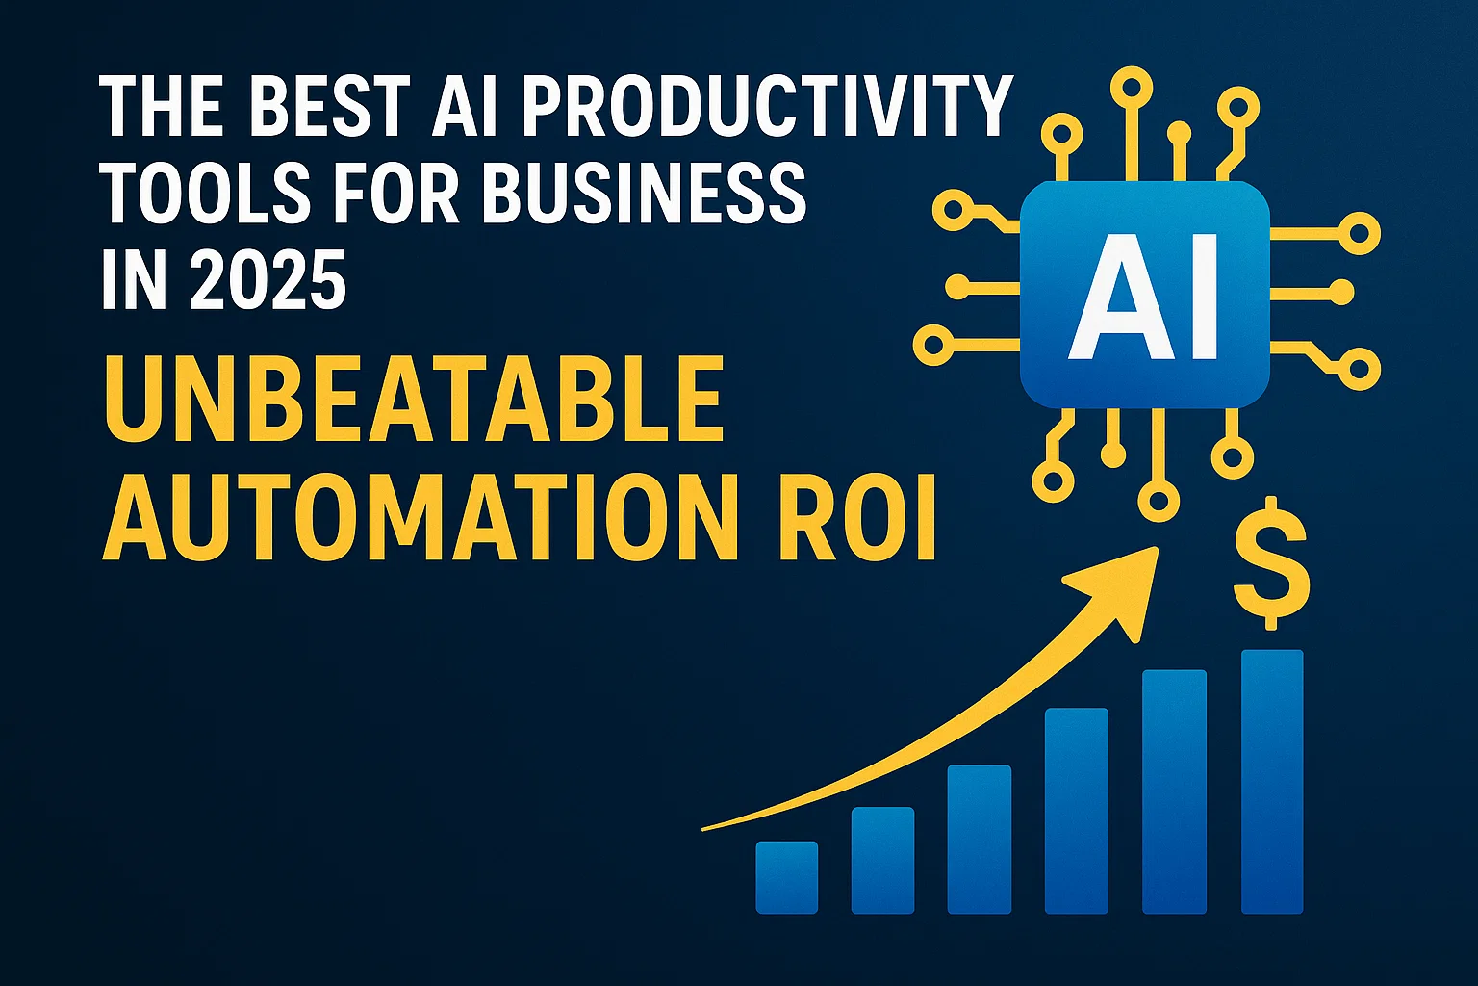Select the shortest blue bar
[786, 876]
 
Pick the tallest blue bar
[1271, 780]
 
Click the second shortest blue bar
[882, 859]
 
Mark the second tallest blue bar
[1174, 790]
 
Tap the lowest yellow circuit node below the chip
[1158, 501]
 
